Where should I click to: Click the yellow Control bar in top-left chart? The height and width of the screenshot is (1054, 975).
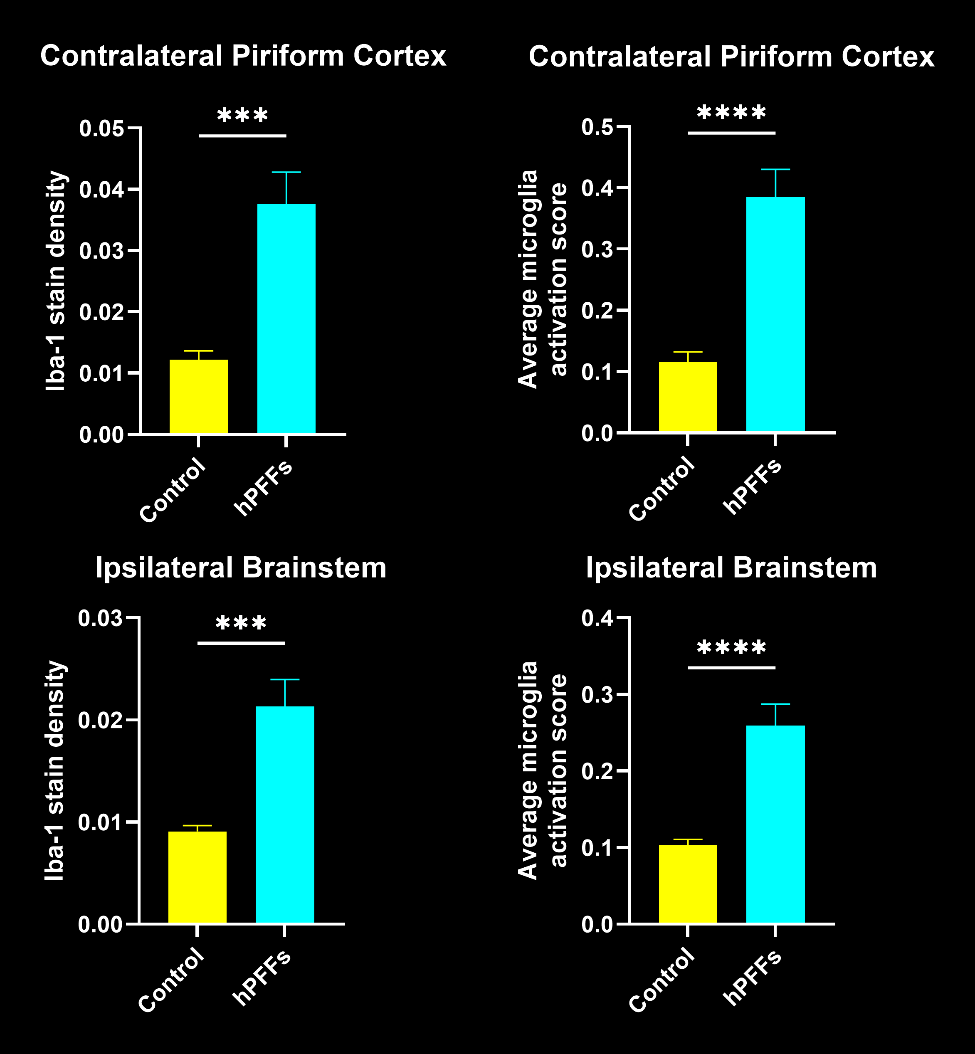click(x=198, y=397)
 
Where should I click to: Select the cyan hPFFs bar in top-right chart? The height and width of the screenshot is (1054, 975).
click(x=775, y=315)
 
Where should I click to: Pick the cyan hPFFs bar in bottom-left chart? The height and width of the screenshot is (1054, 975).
click(x=285, y=815)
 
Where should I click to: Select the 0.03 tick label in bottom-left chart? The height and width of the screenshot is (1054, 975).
click(x=100, y=618)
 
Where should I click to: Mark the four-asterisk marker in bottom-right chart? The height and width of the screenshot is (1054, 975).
click(x=731, y=648)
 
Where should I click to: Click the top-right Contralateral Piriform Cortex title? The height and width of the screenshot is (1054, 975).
click(x=731, y=57)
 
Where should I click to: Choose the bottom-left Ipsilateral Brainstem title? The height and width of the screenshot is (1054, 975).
click(x=241, y=568)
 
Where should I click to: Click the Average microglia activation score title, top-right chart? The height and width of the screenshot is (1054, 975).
click(x=542, y=279)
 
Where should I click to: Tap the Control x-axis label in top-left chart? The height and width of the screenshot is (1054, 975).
click(x=173, y=491)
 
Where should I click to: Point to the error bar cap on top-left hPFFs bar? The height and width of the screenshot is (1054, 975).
click(x=286, y=173)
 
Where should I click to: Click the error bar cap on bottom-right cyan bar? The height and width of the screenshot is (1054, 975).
click(x=775, y=704)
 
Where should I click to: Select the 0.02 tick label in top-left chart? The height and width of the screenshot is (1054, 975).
click(x=101, y=312)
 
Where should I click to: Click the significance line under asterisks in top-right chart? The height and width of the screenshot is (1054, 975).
click(x=731, y=133)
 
